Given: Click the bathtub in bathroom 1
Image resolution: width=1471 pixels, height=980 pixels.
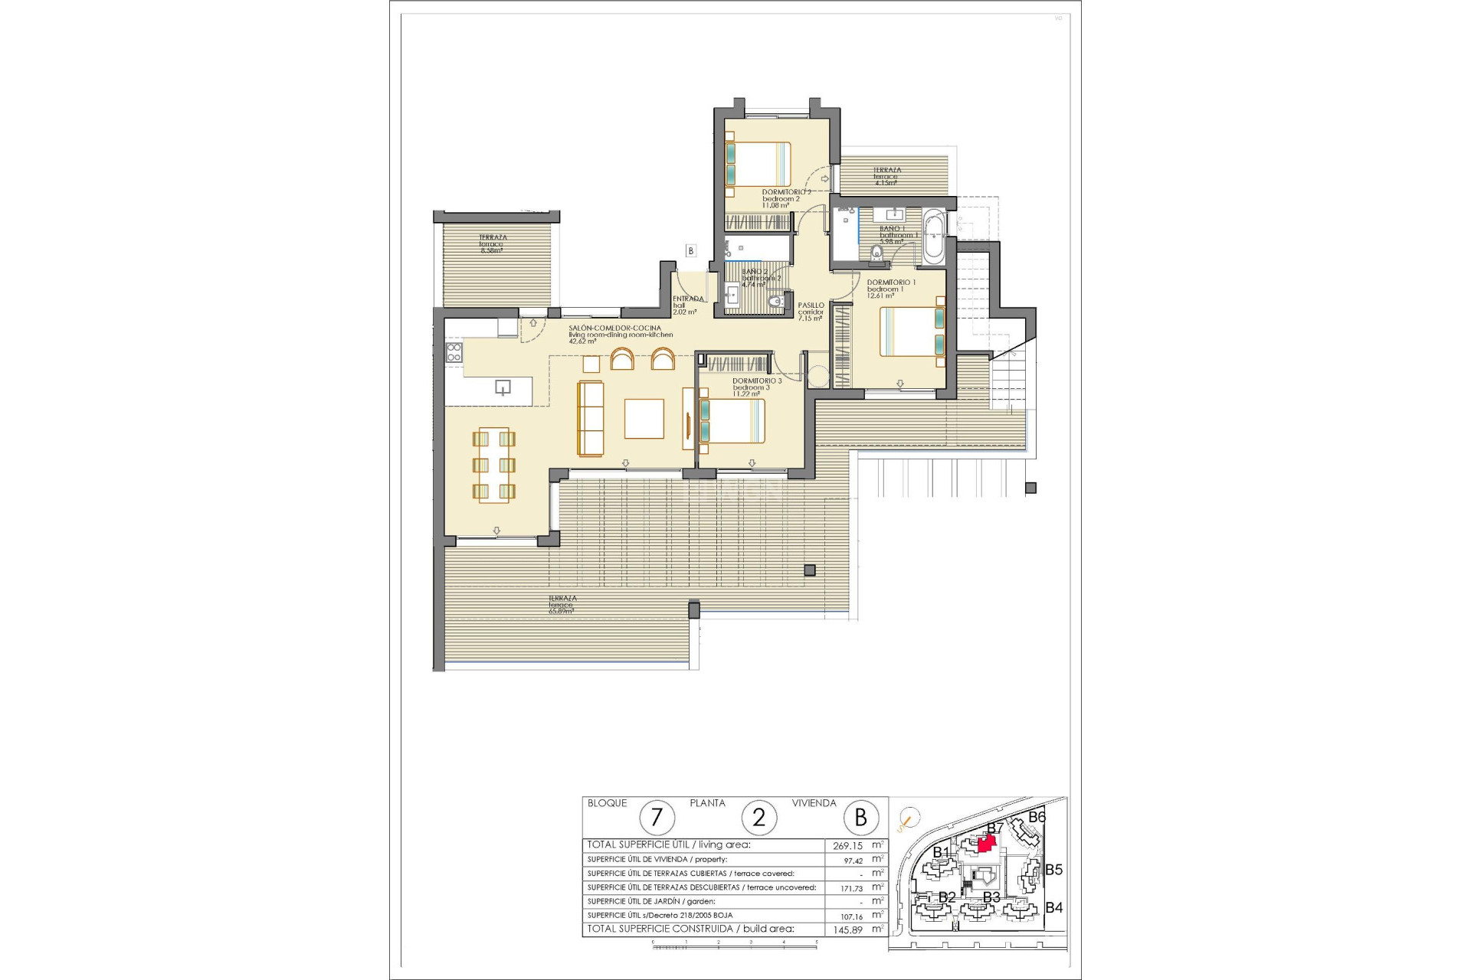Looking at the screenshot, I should coord(935,236).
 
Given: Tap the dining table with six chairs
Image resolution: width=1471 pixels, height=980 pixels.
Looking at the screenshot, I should coord(494,465).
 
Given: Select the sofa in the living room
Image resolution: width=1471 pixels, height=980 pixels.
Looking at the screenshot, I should coord(590,418).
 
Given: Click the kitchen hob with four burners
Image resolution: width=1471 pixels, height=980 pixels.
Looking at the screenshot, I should coord(454,352).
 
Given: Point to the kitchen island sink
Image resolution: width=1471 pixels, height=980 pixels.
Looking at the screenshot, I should coord(503,387).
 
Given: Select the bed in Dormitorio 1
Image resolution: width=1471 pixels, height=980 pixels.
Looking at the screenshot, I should coord(912,331).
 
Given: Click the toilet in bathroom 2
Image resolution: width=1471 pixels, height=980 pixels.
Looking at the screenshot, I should coord(778,301).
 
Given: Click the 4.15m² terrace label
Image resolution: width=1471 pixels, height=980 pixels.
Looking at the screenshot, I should coord(886,177).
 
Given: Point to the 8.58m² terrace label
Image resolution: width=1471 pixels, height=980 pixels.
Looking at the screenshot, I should coord(492,244).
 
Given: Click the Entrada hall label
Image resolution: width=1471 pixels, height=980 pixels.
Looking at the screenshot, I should coord(686,305).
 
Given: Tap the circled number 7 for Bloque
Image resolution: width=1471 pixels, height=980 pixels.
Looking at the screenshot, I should coord(657,818).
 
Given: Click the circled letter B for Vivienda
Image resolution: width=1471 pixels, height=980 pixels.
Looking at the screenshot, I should coord(860,818).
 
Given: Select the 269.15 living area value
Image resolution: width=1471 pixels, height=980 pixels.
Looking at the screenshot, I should coord(847,846).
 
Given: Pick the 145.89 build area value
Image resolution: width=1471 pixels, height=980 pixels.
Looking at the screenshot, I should coord(847,929).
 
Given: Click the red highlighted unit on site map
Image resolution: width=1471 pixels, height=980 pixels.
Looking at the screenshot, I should coord(988,842).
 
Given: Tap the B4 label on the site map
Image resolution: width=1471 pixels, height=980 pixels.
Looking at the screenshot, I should coord(1054,908).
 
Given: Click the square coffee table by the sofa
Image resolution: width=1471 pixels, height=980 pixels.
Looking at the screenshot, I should coord(644,419).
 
